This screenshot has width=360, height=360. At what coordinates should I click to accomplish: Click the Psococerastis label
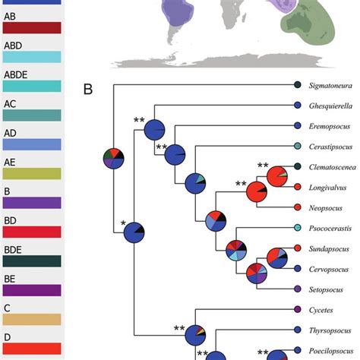click(x=333, y=229)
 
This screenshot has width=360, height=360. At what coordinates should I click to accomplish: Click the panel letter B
click(x=88, y=90)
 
